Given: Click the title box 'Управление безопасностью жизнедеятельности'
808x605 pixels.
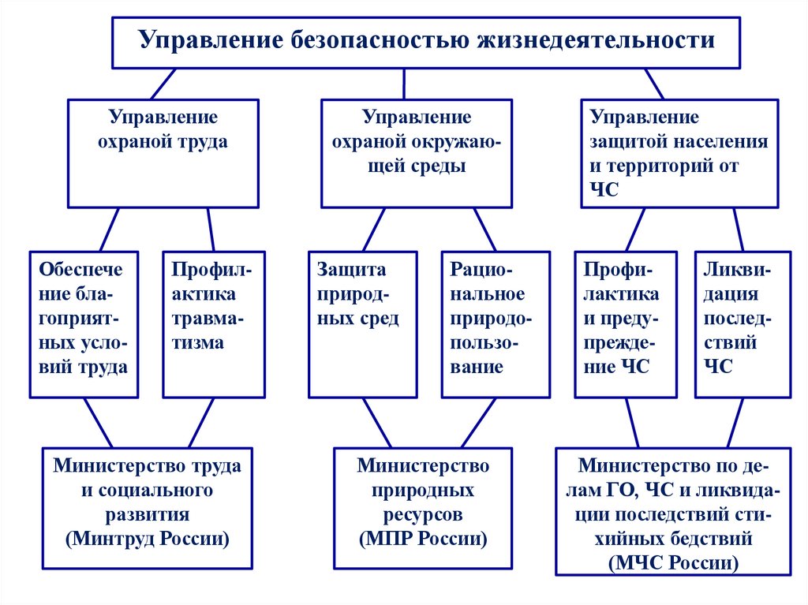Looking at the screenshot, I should tap(426, 41).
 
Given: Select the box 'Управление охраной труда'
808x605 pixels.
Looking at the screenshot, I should tap(163, 153).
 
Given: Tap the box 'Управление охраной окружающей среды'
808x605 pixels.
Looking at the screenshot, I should tap(417, 153).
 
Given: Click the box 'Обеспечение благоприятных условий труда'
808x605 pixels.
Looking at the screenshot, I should tap(84, 323).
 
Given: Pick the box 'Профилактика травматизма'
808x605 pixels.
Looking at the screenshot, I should tap(213, 323).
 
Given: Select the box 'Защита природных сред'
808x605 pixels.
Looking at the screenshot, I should tap(362, 323).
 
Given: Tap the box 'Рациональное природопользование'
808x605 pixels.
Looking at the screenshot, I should tap(495, 323).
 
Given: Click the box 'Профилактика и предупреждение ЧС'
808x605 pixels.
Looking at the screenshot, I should tap(626, 323).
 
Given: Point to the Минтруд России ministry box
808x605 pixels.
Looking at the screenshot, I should tap(148, 508).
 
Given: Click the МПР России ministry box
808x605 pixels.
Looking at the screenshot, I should tap(423, 508).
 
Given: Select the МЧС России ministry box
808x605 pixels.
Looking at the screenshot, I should tap(673, 511).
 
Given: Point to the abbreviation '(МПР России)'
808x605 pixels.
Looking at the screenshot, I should tap(423, 540).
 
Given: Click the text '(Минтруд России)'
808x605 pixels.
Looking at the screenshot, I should tap(148, 540).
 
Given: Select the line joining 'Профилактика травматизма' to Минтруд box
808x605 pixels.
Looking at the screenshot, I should tap(202, 422).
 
